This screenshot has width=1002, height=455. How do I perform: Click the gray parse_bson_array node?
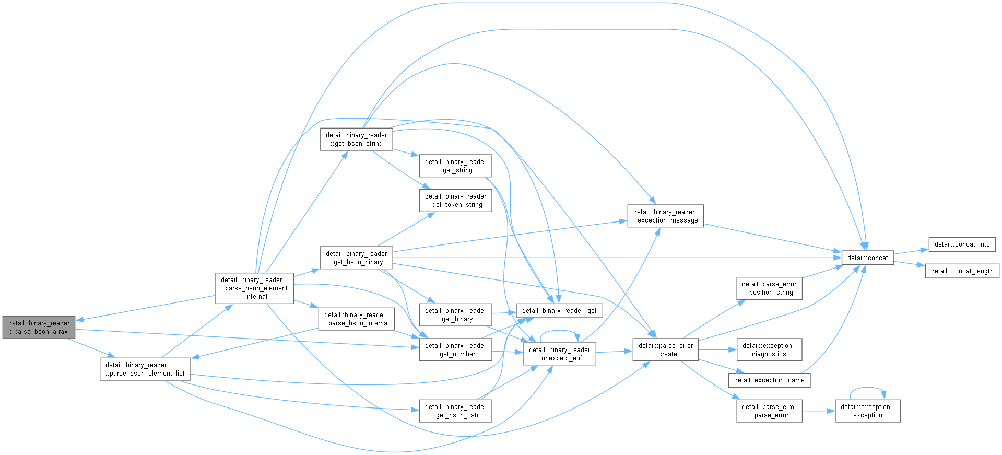39,327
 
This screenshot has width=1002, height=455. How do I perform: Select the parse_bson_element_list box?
145,369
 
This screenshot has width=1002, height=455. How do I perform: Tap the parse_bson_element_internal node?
254,288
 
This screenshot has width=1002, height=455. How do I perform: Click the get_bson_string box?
356,139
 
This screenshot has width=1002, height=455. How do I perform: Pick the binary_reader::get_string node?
455,166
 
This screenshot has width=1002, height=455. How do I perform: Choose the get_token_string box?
455,200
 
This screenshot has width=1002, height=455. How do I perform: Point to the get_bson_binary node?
356,258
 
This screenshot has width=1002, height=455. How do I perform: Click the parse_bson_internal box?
356,319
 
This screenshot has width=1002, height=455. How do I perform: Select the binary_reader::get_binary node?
455,314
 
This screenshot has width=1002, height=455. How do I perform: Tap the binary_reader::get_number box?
455,349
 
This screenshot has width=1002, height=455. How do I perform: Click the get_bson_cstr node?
455,411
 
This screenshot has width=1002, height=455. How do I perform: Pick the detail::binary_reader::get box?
559,310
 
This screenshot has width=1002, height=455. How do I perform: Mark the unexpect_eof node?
559,354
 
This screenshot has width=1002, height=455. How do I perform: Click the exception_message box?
665,216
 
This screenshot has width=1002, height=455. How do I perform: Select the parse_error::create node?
665,349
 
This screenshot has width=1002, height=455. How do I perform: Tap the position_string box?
769,288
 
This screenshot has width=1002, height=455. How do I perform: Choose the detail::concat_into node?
962,244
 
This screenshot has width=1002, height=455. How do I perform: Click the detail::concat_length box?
962,271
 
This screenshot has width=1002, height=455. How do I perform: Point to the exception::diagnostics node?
769,349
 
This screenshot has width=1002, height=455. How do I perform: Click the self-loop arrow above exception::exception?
868,388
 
